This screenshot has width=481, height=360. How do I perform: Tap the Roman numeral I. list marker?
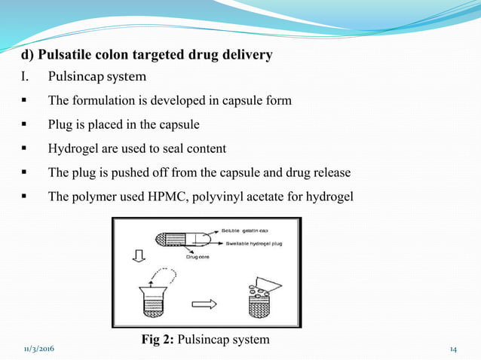24,78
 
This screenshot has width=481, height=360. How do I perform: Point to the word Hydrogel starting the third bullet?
74,149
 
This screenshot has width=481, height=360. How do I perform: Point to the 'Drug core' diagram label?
198,257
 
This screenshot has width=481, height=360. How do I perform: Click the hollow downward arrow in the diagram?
137,258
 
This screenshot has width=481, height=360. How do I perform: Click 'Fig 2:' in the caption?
158,340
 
